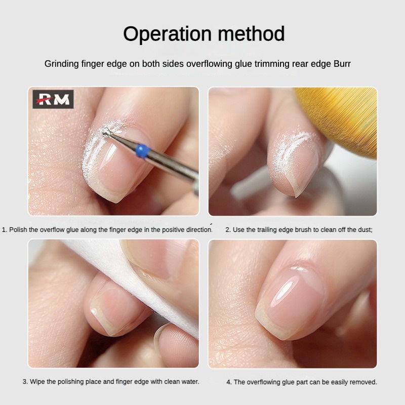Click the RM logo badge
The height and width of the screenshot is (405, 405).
(x=53, y=99)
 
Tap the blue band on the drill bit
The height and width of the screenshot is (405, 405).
(x=143, y=150)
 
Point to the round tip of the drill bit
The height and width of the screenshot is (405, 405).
(x=106, y=133)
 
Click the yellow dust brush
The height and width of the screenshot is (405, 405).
(x=339, y=119)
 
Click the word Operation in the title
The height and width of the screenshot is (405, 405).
(x=168, y=34)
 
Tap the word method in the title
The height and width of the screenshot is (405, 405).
(x=251, y=33)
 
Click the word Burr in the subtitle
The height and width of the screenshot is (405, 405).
(x=342, y=64)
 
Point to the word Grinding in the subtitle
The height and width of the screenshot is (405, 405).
(x=62, y=64)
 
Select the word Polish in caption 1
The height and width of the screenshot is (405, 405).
(x=18, y=230)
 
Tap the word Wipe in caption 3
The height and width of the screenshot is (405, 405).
(x=37, y=382)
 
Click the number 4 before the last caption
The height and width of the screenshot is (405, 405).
(x=229, y=382)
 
